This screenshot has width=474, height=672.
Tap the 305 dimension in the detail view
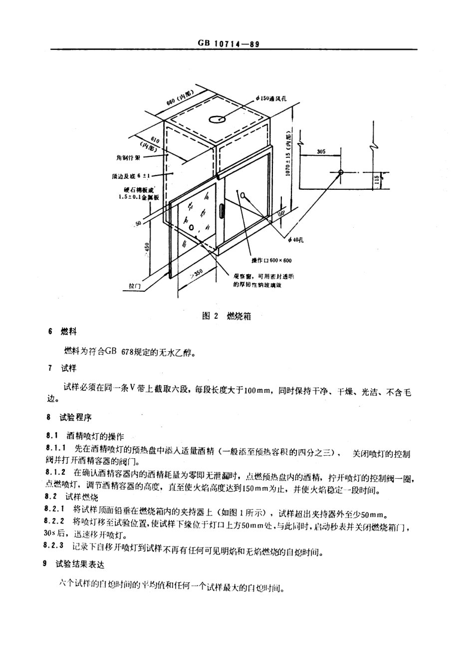click(x=321, y=151)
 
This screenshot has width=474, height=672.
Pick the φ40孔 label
click(x=295, y=241)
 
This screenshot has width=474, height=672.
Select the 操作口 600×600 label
click(x=271, y=261)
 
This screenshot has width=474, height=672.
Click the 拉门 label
click(x=135, y=286)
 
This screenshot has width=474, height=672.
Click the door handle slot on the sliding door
click(x=221, y=210)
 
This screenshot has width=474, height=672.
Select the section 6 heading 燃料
click(x=68, y=332)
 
